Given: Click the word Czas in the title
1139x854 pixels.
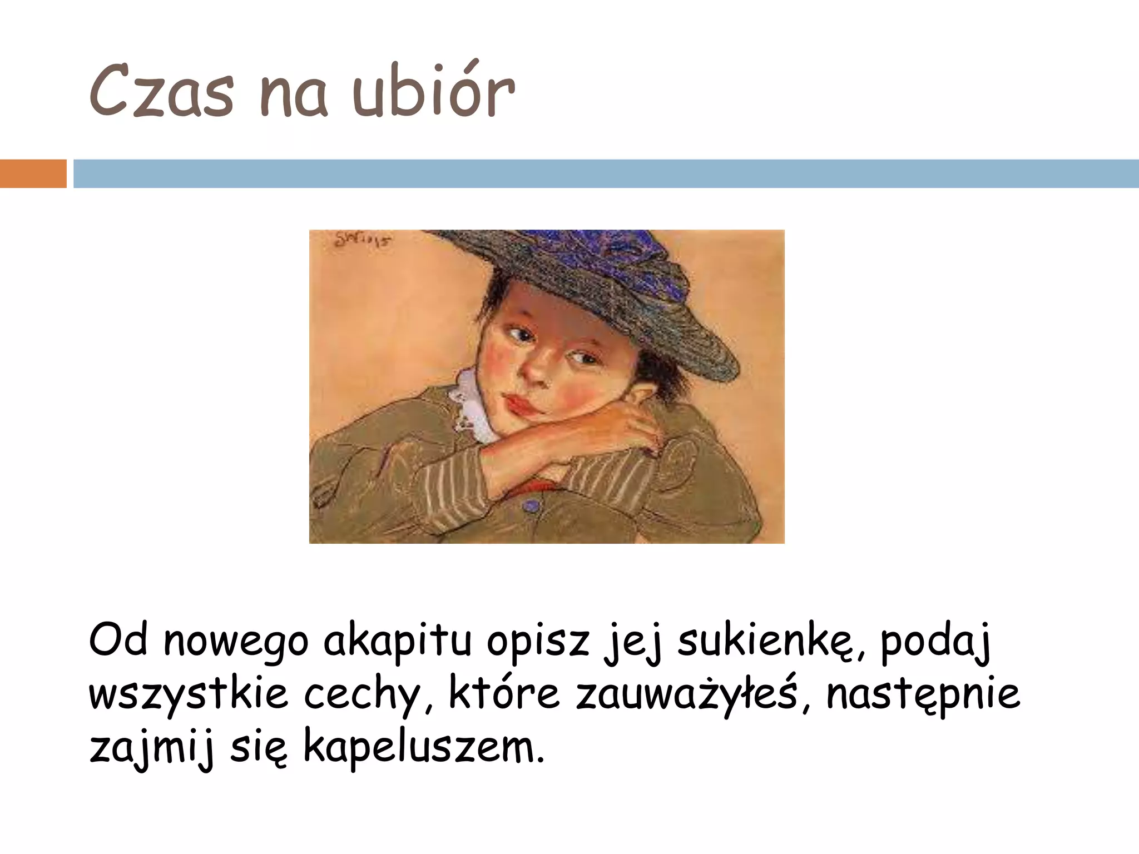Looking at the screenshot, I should click(x=161, y=92).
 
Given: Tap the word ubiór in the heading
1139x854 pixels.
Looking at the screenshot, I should click(x=434, y=92).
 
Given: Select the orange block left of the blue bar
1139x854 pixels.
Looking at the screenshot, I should click(x=33, y=173).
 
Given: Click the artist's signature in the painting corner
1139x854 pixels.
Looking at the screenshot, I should click(x=361, y=240).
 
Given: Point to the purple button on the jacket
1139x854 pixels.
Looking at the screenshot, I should click(x=532, y=505).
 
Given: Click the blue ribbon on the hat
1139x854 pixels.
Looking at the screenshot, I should click(x=640, y=261).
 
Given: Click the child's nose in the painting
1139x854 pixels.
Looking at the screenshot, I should click(x=537, y=370).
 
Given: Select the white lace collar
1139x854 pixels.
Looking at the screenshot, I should click(x=470, y=400).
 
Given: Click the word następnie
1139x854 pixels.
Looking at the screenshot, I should click(x=923, y=695).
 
